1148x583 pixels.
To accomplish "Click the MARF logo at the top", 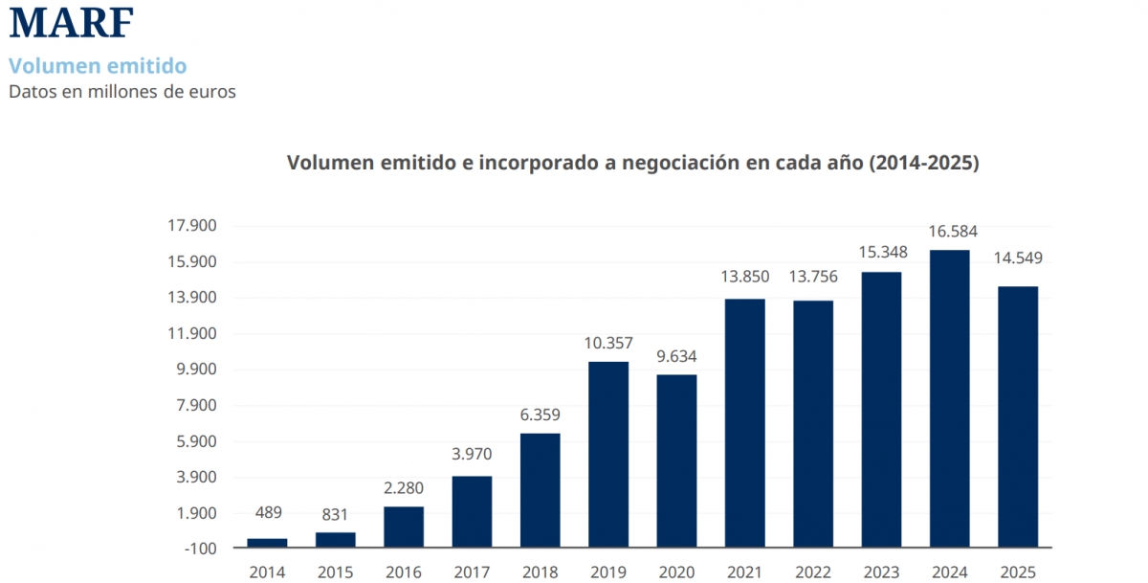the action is coord(71,22).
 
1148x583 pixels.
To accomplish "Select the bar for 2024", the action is coord(950,398).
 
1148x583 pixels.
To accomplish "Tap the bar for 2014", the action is coord(267,543).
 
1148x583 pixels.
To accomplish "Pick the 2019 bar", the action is coord(608,455).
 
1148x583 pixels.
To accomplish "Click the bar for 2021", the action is coord(744,423).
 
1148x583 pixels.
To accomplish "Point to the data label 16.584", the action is coord(953,232).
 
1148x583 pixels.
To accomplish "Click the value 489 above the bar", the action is coord(269,512).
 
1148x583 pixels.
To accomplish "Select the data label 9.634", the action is coord(676,356).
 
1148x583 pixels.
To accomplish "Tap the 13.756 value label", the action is coord(813,277).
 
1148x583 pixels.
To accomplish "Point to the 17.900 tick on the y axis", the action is coord(192,225).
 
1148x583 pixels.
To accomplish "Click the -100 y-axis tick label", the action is coord(200,549).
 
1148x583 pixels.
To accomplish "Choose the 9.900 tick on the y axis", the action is coord(196,370).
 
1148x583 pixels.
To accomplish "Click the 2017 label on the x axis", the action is coord(472,572).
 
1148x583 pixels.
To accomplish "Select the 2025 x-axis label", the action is coord(1018,572).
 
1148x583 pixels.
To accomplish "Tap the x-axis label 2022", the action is coord(813,572).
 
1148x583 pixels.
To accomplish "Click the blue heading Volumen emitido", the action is coord(98,66).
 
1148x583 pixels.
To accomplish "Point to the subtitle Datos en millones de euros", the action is coord(122,91).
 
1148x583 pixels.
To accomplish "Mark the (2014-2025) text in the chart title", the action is coord(924,163).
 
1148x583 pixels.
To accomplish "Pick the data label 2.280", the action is coord(404,487).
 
